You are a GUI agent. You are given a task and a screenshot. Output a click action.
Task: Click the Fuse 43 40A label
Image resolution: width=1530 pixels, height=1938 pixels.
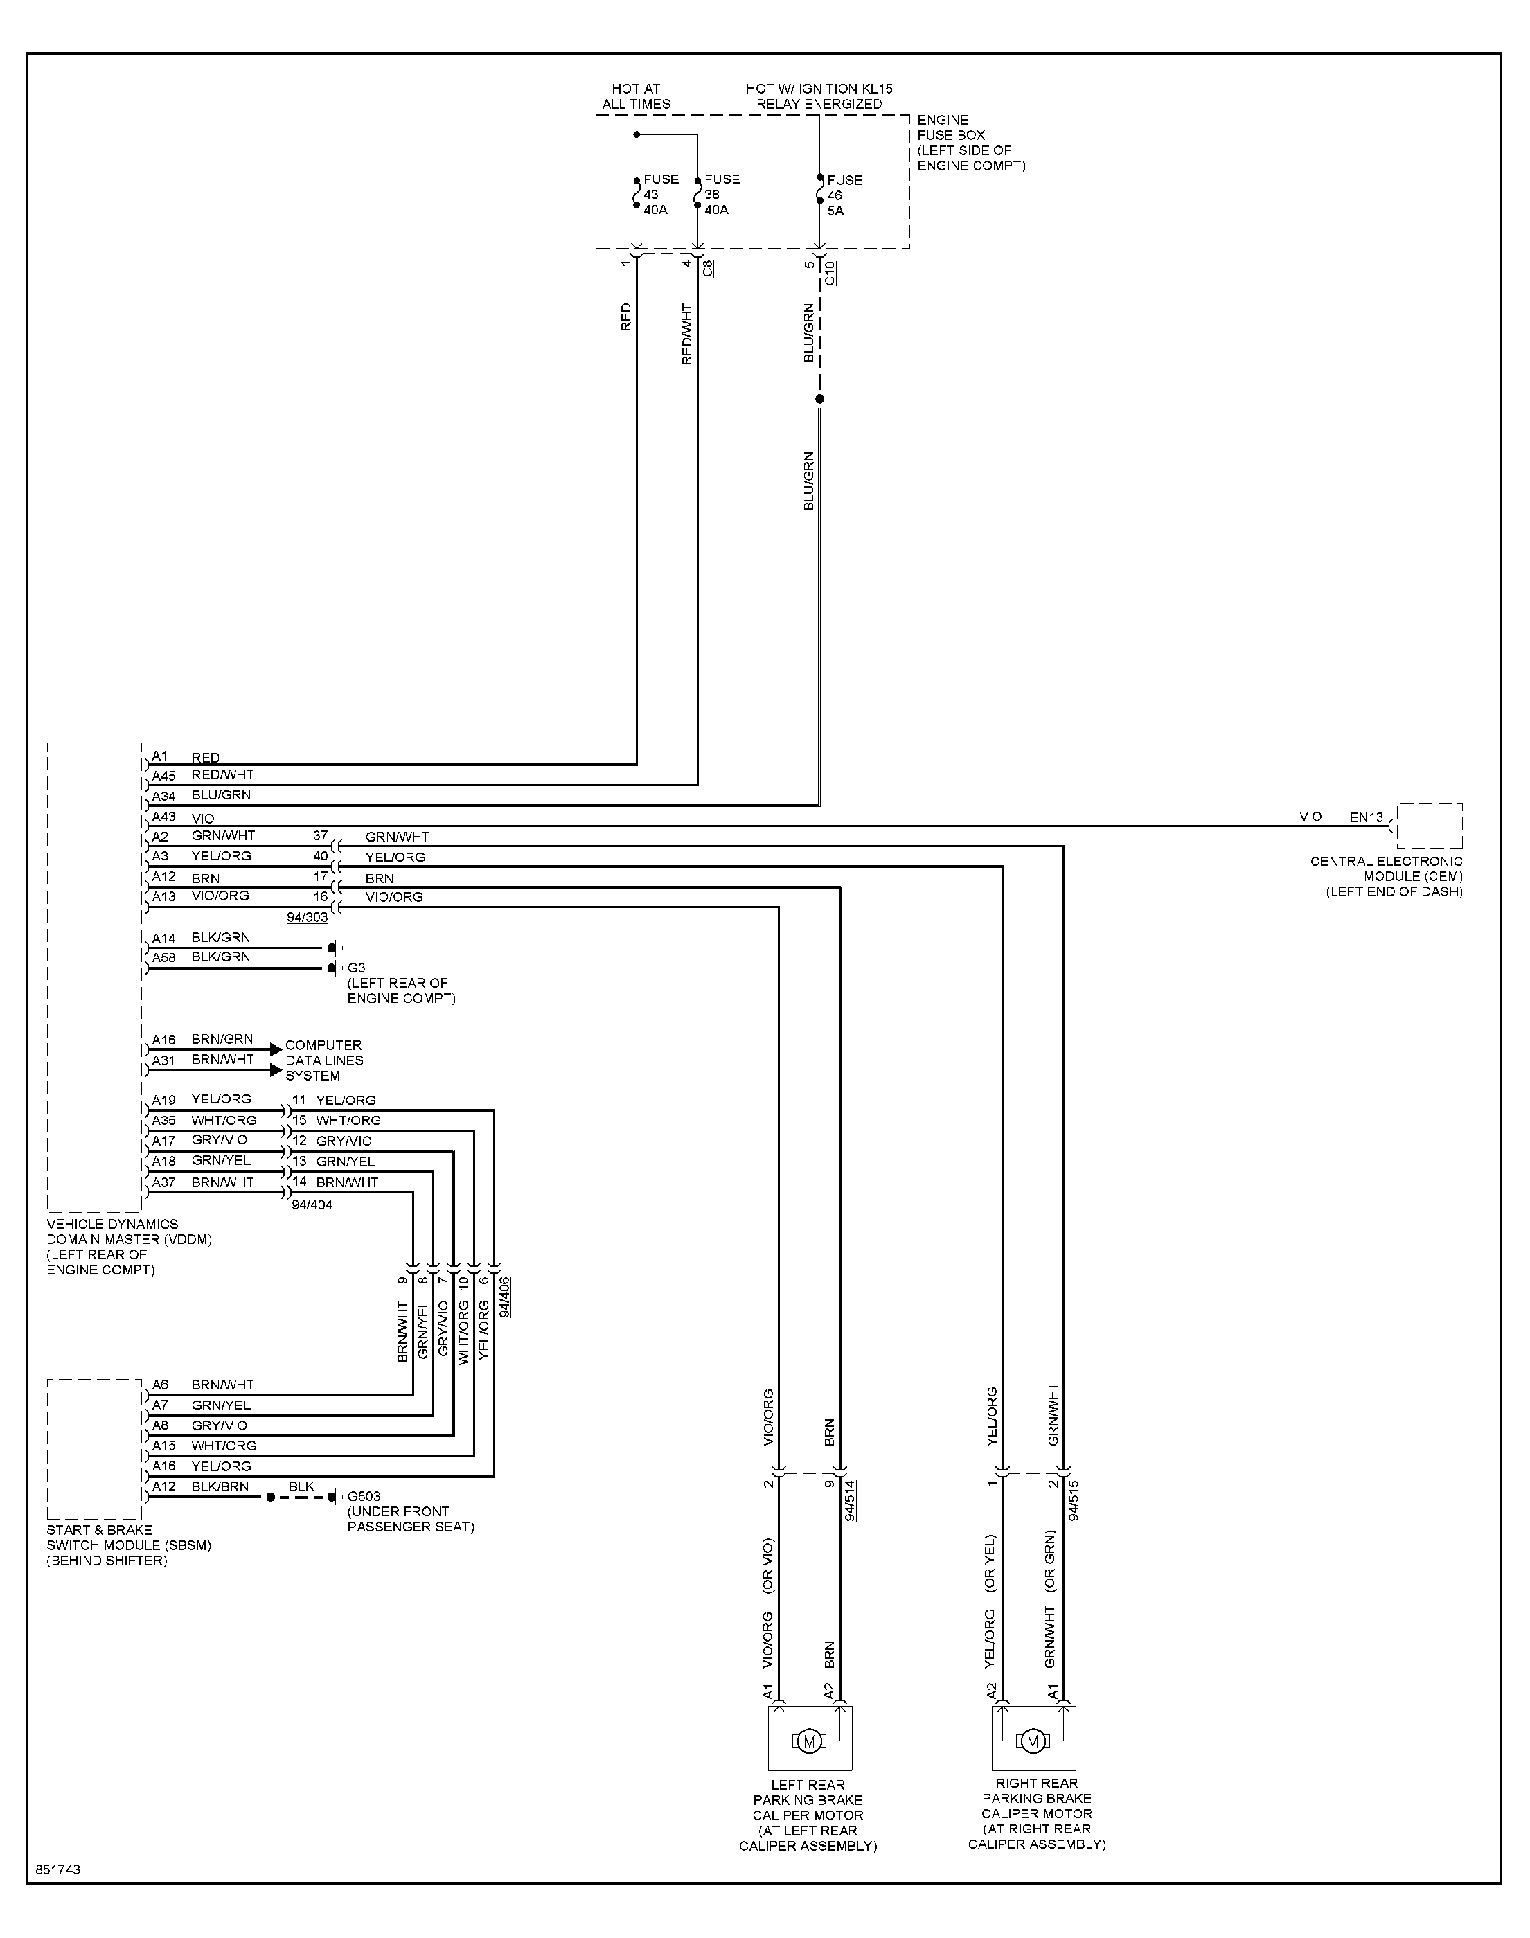tap(660, 195)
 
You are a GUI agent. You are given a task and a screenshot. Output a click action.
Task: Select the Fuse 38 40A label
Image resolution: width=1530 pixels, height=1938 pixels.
tap(721, 195)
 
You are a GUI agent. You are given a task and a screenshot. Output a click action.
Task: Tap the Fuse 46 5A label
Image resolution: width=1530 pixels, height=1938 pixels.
tap(844, 195)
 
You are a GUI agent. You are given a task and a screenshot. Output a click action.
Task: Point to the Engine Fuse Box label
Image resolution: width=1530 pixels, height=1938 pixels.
tap(971, 143)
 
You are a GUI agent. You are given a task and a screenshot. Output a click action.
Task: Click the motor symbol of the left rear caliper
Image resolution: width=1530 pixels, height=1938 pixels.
tap(810, 1741)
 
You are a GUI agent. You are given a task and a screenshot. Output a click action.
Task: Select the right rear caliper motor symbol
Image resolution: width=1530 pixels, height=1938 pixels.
tap(1033, 1741)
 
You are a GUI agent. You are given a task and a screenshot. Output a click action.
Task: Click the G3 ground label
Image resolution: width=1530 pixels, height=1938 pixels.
tap(357, 968)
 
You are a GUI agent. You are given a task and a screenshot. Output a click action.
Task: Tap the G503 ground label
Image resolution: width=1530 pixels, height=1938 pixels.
tap(364, 1497)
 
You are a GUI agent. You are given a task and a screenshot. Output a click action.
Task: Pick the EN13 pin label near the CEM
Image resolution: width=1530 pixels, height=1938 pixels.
tap(1366, 817)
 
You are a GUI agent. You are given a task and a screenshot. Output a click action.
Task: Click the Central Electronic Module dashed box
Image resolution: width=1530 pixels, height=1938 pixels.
tap(1430, 803)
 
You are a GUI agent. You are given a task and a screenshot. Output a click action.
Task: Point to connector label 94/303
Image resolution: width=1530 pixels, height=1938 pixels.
tap(308, 918)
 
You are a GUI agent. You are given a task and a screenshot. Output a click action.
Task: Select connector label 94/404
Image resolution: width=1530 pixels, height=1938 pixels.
tap(312, 1205)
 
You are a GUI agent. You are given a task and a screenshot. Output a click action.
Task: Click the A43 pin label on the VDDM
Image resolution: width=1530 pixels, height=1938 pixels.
tap(164, 817)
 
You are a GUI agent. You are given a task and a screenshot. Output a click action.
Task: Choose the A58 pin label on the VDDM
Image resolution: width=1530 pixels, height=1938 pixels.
tap(164, 957)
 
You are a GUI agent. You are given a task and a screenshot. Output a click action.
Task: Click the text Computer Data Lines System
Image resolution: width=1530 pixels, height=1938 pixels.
tap(324, 1060)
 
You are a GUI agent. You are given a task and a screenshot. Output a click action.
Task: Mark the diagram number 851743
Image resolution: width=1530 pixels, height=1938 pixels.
tap(58, 1870)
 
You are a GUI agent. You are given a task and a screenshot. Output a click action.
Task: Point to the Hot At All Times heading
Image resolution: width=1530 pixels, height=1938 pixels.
tap(636, 97)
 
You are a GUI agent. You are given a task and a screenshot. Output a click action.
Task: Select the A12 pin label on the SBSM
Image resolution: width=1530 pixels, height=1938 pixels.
tap(164, 1486)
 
